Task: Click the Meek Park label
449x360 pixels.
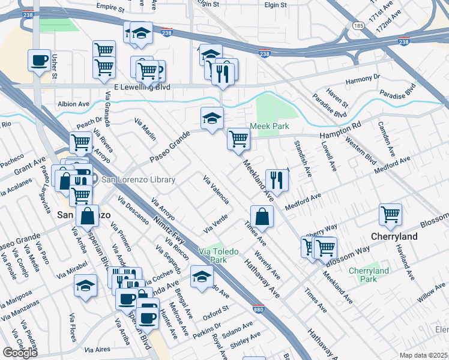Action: tap(270, 126)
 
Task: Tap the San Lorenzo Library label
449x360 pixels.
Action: tap(138, 179)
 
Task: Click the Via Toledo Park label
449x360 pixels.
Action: tap(213, 256)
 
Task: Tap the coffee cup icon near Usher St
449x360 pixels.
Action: tap(40, 61)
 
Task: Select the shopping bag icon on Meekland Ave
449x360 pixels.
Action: tap(262, 216)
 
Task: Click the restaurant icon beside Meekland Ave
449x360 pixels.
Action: tap(277, 179)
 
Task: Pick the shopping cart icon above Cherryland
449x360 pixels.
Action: tap(391, 214)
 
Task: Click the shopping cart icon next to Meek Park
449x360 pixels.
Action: tap(238, 139)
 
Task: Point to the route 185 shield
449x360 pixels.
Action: tap(359, 26)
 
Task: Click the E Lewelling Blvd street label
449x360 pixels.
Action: tap(141, 87)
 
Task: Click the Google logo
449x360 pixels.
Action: tap(20, 353)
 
